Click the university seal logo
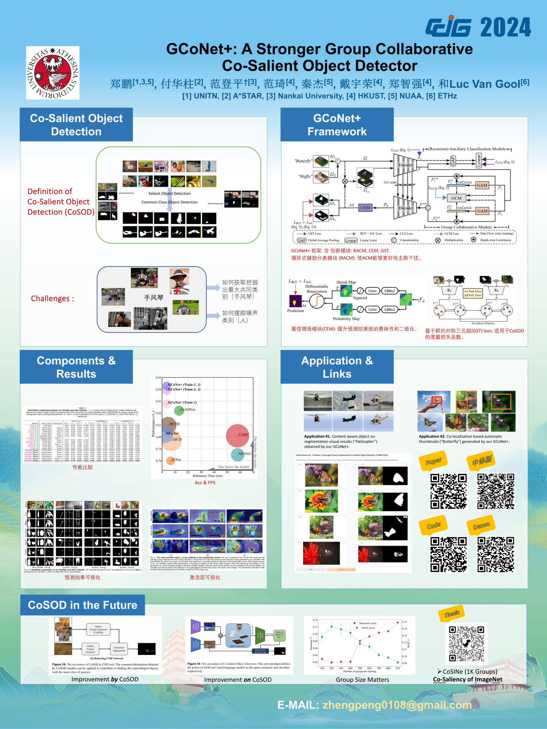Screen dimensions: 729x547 pos(52,73)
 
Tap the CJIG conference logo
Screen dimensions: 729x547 pos(448,27)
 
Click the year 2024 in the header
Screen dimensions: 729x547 pos(505,27)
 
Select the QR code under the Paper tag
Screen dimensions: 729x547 pos(448,491)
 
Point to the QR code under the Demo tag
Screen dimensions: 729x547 pos(496,554)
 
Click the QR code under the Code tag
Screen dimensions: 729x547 pos(448,554)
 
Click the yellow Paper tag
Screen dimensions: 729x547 pos(433,461)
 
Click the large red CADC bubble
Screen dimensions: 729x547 pos(237,436)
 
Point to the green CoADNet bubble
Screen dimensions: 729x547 pos(179,410)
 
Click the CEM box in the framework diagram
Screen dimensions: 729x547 pos(365,208)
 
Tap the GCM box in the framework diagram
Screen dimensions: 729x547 pos(456,198)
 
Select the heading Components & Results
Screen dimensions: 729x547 pos(76,367)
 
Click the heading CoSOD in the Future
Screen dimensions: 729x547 pos(82,605)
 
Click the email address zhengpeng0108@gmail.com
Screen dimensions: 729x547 pos(397,705)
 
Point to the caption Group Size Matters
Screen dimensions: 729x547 pos(362,680)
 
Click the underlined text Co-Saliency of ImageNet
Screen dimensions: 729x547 pos(467,680)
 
